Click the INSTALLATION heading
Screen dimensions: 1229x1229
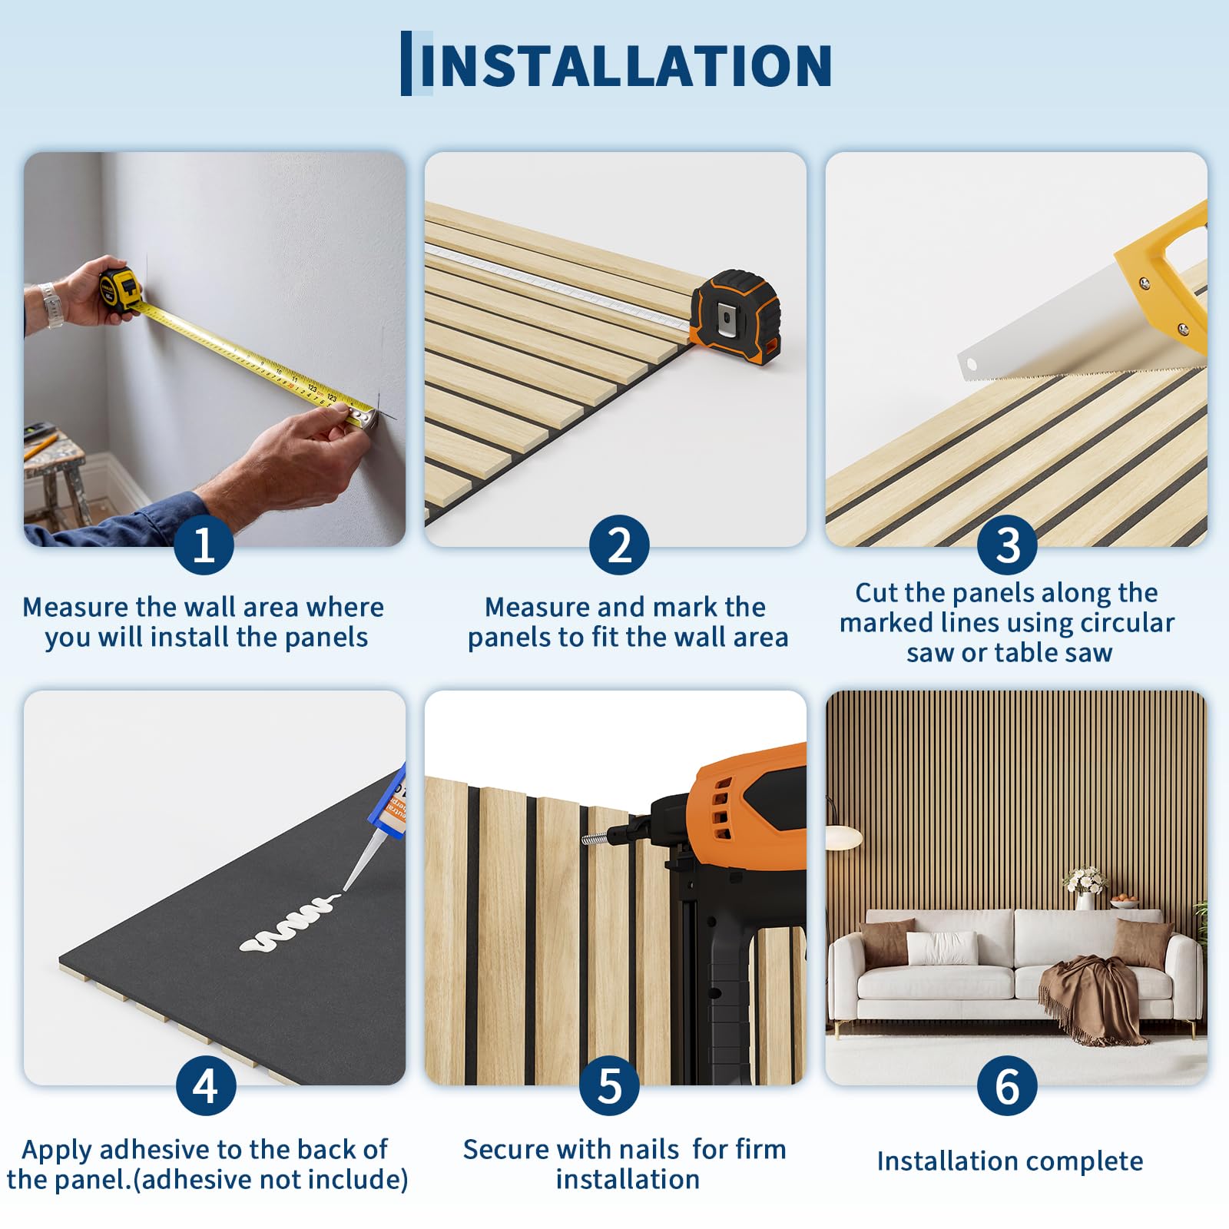[x=625, y=65]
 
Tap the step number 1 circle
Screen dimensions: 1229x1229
[x=204, y=545]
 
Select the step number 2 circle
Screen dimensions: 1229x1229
[x=619, y=545]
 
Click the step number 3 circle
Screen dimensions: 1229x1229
[x=1007, y=545]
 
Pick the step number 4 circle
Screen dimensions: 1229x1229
[x=206, y=1085]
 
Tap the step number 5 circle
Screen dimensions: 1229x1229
[x=610, y=1085]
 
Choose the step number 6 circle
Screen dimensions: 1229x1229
[x=1007, y=1085]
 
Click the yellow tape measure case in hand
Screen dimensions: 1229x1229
[x=120, y=290]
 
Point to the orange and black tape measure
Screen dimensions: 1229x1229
[x=735, y=315]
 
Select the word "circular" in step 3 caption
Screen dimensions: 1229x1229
[x=1128, y=622]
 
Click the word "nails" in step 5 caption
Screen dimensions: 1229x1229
[x=644, y=1149]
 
